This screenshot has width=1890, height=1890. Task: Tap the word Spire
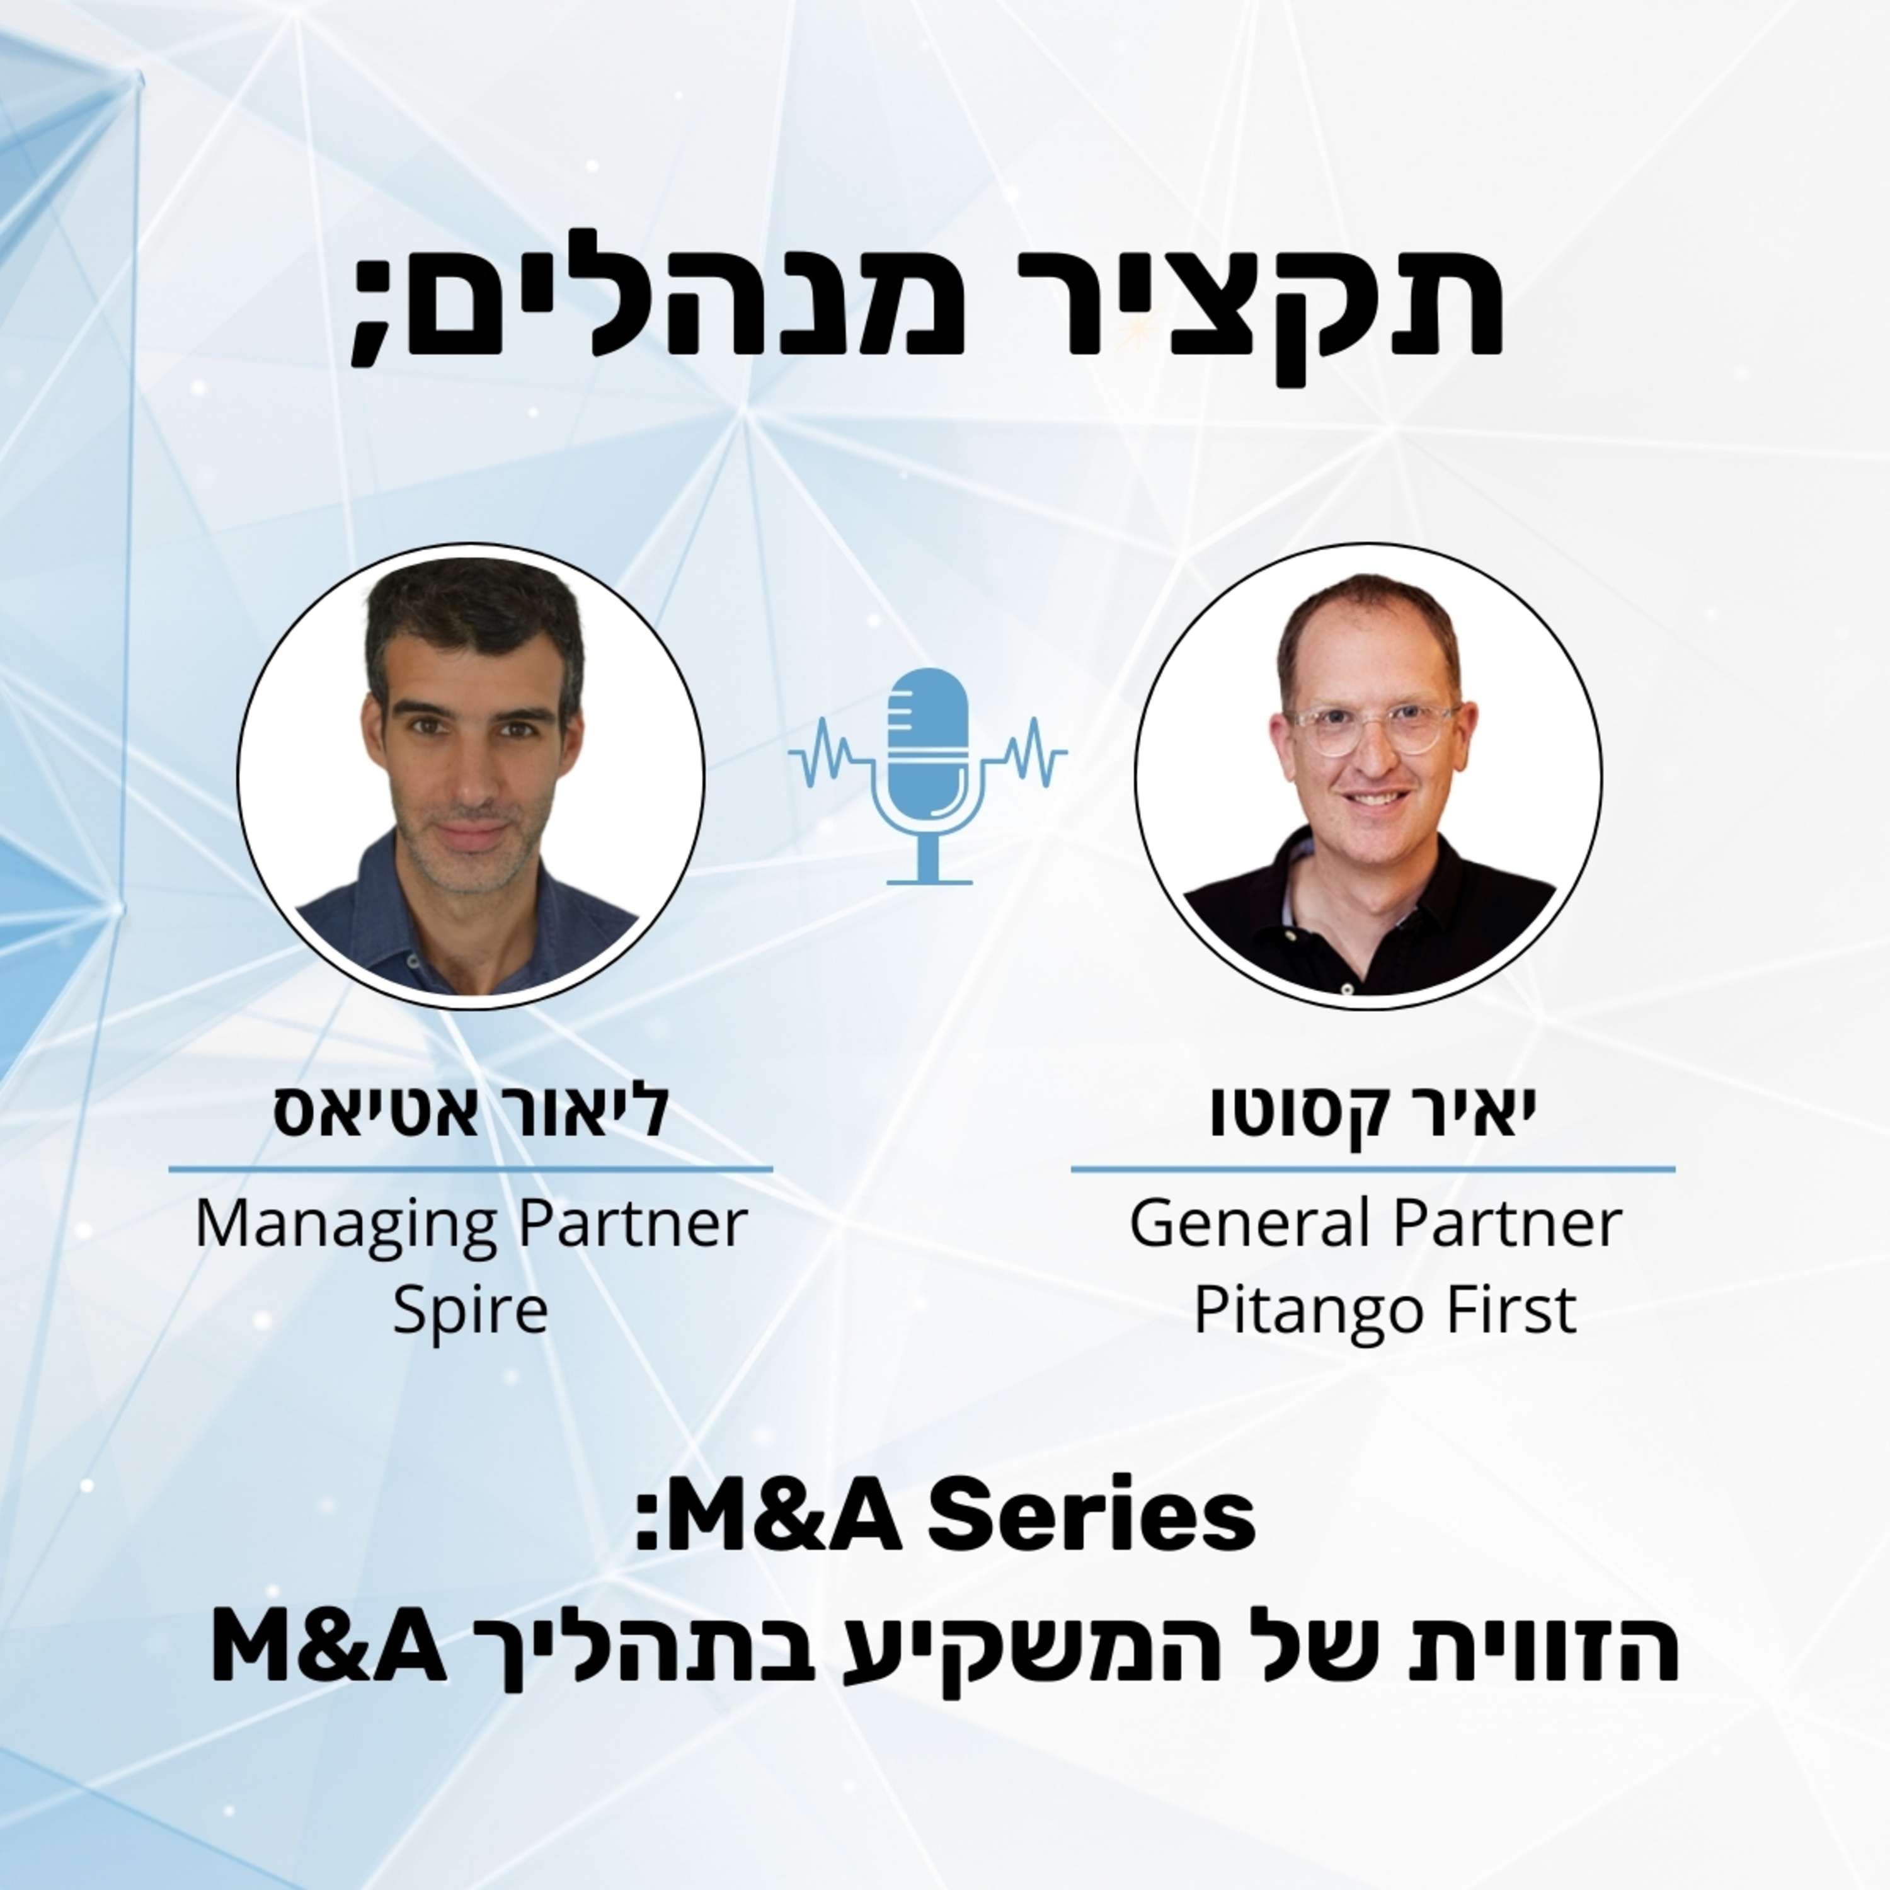(469, 1311)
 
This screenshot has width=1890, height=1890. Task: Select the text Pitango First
(1384, 1311)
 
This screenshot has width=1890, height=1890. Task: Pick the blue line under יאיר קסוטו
(1373, 1168)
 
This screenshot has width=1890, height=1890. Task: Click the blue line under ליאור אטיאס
(471, 1168)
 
